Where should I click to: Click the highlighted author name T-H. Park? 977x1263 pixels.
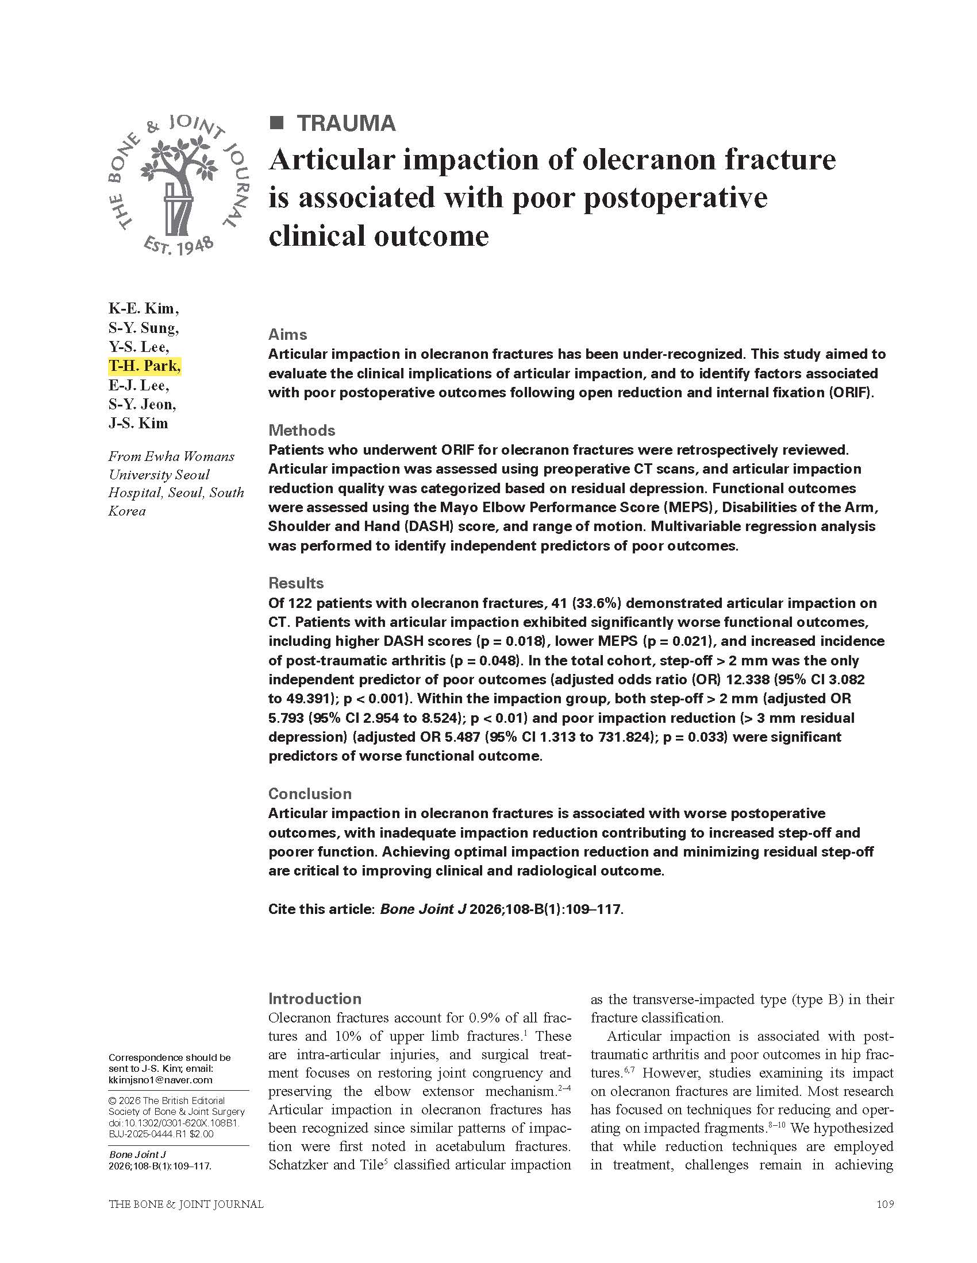[x=144, y=366]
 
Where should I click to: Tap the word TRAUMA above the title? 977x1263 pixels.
[x=346, y=123]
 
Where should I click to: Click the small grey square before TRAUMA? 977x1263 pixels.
[x=277, y=123]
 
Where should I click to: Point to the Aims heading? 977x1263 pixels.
[x=288, y=334]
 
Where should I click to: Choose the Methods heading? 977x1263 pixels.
[x=302, y=430]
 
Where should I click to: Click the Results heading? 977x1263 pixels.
[x=296, y=583]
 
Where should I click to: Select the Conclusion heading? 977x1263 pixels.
[x=310, y=793]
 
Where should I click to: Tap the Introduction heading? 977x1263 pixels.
[x=314, y=999]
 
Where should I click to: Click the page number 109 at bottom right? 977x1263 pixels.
[x=885, y=1204]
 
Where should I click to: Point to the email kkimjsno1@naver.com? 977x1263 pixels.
[x=160, y=1080]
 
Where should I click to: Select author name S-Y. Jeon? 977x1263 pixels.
[x=142, y=404]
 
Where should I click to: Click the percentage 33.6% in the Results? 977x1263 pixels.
[x=595, y=603]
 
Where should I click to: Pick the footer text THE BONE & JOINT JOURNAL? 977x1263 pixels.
[x=186, y=1204]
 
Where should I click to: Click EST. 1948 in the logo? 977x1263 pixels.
[x=178, y=246]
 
